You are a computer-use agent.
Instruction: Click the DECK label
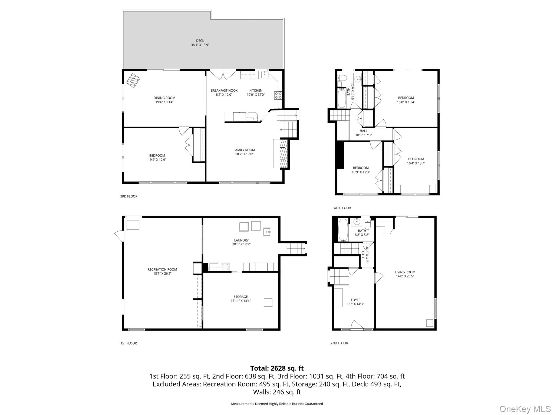pyautogui.click(x=200, y=41)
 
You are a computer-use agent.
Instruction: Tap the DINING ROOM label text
pyautogui.click(x=164, y=98)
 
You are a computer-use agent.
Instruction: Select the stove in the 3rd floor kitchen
pyautogui.click(x=278, y=95)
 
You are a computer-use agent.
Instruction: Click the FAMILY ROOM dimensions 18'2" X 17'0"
pyautogui.click(x=244, y=154)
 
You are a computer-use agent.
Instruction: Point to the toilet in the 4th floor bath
pyautogui.click(x=342, y=78)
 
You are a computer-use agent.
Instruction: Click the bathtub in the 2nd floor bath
pyautogui.click(x=343, y=230)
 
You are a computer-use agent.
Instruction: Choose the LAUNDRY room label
pyautogui.click(x=241, y=240)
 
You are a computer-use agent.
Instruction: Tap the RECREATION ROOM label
pyautogui.click(x=162, y=269)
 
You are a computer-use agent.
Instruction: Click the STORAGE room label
pyautogui.click(x=241, y=297)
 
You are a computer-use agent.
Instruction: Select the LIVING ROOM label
pyautogui.click(x=405, y=272)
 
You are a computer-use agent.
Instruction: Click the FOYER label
pyautogui.click(x=355, y=300)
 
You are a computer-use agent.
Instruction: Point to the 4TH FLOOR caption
pyautogui.click(x=342, y=208)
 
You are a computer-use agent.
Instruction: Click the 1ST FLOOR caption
pyautogui.click(x=128, y=343)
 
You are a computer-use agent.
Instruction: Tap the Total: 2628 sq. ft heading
pyautogui.click(x=277, y=368)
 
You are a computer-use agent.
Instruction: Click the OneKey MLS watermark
pyautogui.click(x=525, y=409)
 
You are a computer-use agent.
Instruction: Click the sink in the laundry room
pyautogui.click(x=267, y=232)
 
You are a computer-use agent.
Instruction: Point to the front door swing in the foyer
pyautogui.click(x=357, y=325)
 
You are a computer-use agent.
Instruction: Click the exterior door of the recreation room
pyautogui.click(x=118, y=236)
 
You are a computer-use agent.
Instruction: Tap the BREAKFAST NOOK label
pyautogui.click(x=224, y=91)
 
